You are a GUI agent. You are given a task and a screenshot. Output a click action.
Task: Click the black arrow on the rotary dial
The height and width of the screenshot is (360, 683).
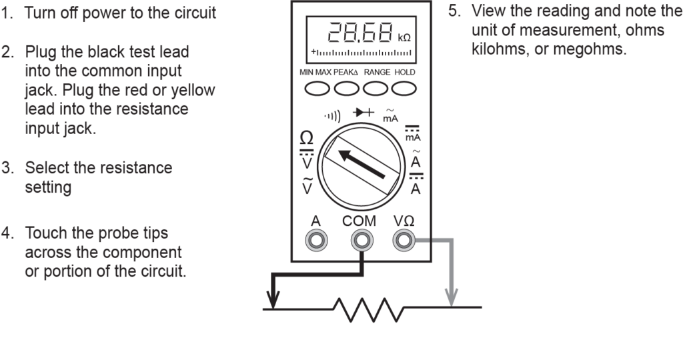[361, 163]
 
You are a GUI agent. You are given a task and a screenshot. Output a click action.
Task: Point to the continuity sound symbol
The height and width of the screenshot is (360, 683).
[333, 119]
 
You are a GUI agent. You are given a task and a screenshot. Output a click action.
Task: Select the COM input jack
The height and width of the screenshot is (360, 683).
[361, 239]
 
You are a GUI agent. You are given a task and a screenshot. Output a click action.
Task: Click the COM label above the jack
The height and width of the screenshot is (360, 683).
[360, 221]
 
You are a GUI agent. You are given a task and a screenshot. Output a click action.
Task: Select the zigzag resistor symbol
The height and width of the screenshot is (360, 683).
[370, 309]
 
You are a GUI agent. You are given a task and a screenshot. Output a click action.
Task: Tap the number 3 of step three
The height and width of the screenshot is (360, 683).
[7, 168]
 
